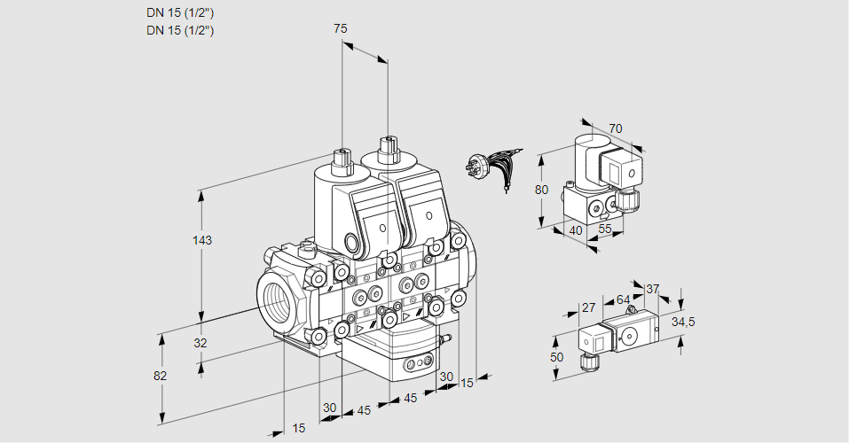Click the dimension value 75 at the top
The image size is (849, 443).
340,28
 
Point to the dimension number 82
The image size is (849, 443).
161,376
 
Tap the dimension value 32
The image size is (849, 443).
200,343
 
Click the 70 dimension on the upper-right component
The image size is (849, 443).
615,128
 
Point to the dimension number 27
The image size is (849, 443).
587,308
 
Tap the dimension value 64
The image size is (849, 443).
623,299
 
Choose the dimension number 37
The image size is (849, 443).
652,289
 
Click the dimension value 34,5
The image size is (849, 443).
683,321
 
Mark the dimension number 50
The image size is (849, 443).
556,356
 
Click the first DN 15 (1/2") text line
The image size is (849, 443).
180,12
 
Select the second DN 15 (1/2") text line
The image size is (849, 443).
180,30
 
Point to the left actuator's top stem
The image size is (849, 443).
341,160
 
